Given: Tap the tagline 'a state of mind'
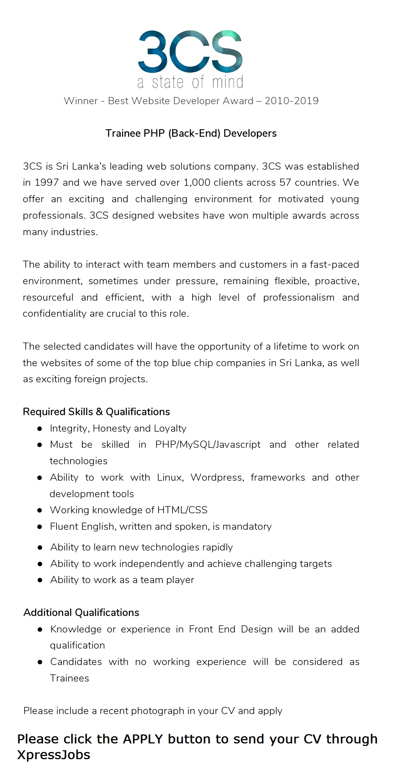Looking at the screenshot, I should click(190, 82).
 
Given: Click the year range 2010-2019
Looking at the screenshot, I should click(291, 101).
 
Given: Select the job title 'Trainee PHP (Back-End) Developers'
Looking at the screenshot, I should click(191, 134).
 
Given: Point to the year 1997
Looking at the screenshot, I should click(47, 183).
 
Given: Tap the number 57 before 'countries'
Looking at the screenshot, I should click(285, 183).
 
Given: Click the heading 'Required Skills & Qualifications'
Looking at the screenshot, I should click(96, 412).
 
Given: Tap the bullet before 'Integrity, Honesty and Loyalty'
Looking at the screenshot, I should click(40, 428).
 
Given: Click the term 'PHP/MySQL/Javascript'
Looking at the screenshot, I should click(208, 445).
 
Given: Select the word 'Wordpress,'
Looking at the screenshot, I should click(217, 477).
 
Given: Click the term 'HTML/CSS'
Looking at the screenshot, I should click(183, 510).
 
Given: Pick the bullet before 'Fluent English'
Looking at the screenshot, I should click(40, 527).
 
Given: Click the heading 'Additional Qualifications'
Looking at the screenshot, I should click(81, 612).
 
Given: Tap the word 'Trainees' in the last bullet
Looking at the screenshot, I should click(69, 678).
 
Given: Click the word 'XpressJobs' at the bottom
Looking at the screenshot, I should click(54, 755).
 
